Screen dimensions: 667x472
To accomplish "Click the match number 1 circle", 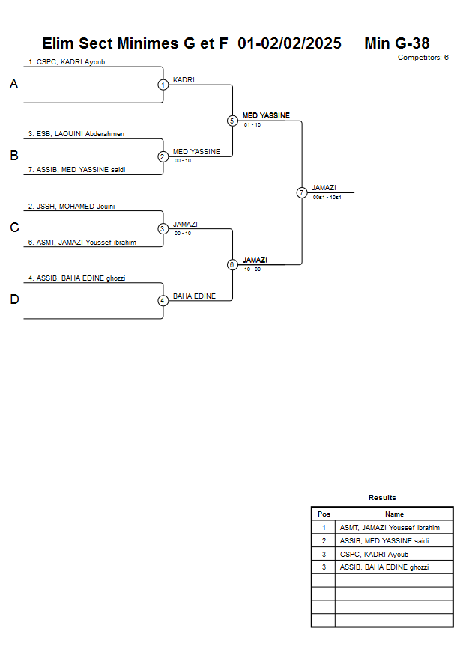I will [x=163, y=85].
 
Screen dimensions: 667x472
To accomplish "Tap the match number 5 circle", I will [x=232, y=121].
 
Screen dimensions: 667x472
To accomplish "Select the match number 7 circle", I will [x=302, y=192].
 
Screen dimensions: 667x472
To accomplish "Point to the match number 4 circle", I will [x=163, y=301].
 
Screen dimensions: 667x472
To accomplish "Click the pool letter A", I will [x=13, y=85].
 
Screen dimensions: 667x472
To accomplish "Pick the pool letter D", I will [x=13, y=300].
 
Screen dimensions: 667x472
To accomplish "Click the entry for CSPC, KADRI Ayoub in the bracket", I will [x=66, y=62].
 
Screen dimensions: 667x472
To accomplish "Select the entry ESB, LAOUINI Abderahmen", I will [x=76, y=134].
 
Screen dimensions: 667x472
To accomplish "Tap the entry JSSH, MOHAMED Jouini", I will [x=71, y=206].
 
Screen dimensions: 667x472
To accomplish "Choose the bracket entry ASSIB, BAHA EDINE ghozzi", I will [x=76, y=278].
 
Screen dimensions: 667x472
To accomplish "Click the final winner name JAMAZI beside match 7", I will [x=324, y=187].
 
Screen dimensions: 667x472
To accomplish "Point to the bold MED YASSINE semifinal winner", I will [x=266, y=115].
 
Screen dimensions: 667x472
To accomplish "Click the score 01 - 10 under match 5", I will [x=252, y=124].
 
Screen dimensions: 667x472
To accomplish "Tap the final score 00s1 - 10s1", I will [x=327, y=197].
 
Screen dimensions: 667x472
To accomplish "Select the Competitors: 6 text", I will [x=423, y=57].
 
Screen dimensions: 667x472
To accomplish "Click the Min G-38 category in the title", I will [x=396, y=43].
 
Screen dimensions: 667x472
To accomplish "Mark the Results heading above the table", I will [x=382, y=498].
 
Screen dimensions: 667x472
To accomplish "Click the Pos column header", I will [x=324, y=514].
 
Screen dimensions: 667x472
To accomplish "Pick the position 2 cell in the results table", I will [x=324, y=540].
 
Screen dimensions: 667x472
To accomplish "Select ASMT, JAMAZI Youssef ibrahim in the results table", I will [x=390, y=528].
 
